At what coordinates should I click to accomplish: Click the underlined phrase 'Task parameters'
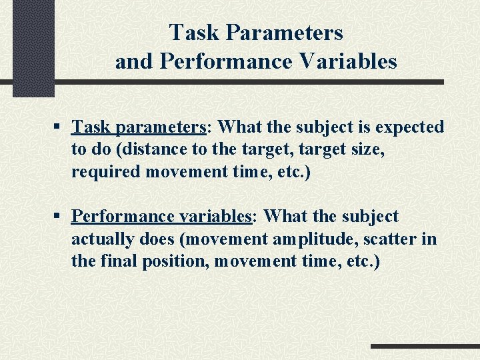click(x=138, y=127)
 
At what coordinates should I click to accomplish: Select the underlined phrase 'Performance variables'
click(x=159, y=217)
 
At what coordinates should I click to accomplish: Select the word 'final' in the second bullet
click(x=117, y=261)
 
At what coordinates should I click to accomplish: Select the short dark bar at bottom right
click(x=425, y=347)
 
